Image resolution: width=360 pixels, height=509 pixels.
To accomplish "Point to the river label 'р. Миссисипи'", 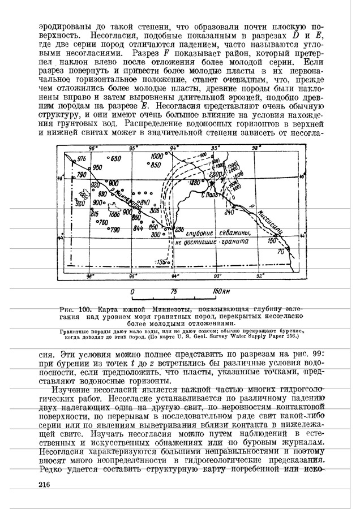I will pyautogui.click(x=273, y=223).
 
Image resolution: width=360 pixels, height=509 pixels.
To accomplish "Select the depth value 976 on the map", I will pyautogui.click(x=82, y=158).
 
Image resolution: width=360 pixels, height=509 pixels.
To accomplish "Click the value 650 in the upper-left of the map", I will pyautogui.click(x=115, y=159).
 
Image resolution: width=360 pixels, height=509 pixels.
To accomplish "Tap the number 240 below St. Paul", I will pyautogui.click(x=229, y=212).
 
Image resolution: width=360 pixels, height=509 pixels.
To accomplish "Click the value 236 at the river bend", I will pyautogui.click(x=180, y=229).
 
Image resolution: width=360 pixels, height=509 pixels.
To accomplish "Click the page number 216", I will pyautogui.click(x=45, y=485).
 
